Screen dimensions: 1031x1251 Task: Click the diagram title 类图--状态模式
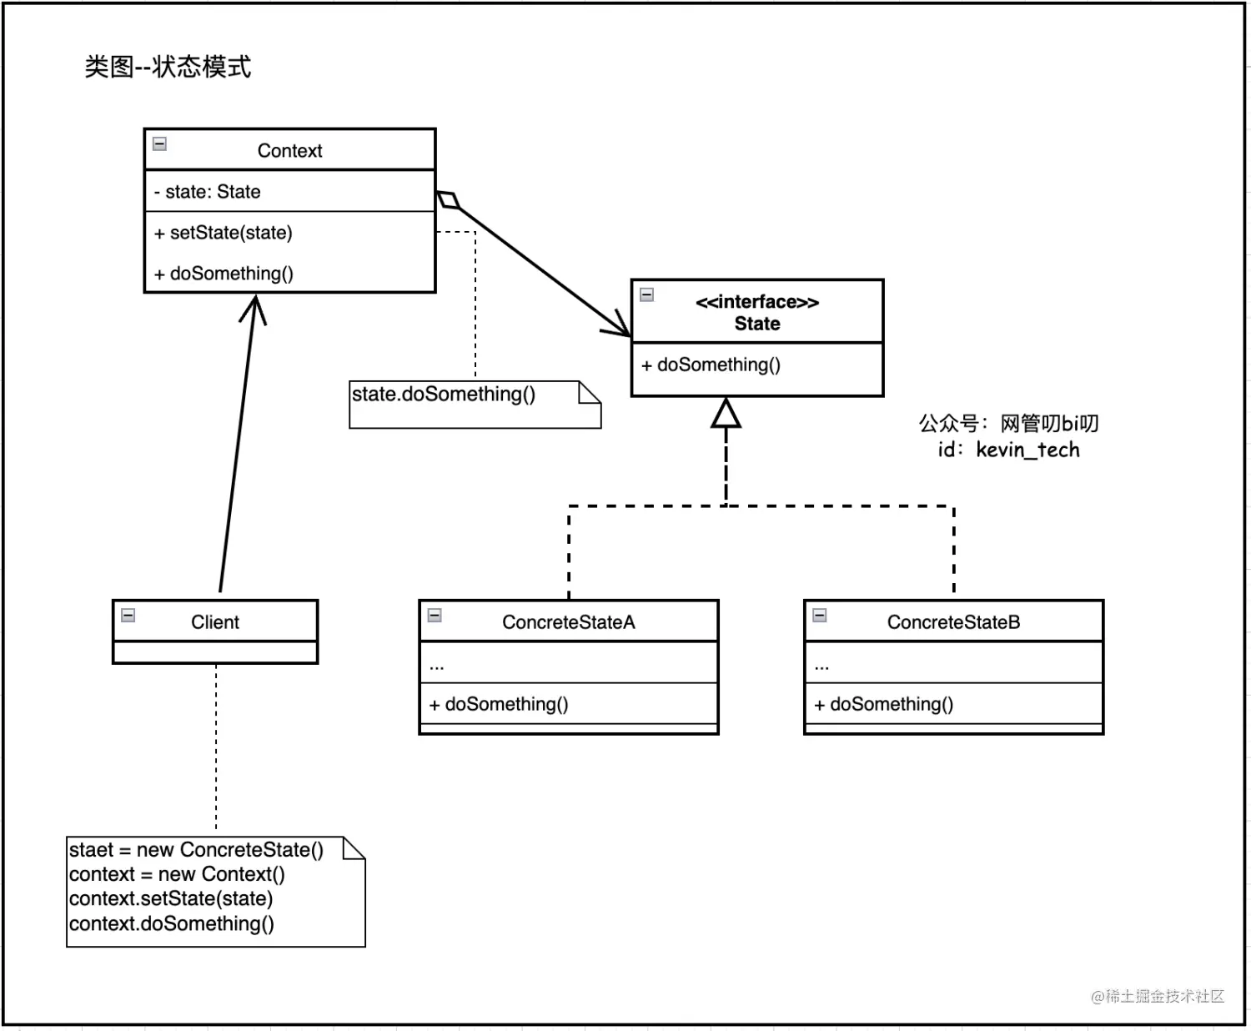click(168, 67)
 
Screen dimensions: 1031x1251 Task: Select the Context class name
click(289, 151)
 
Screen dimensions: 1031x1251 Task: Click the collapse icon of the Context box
click(159, 144)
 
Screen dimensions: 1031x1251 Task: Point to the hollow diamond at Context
click(448, 200)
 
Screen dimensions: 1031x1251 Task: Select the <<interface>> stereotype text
click(756, 302)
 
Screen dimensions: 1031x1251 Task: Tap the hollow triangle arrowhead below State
click(726, 415)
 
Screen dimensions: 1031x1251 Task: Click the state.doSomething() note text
click(443, 395)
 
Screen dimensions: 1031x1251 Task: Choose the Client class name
click(215, 622)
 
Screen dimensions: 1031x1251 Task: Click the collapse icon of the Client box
click(128, 616)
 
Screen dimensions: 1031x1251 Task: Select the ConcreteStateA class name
click(568, 622)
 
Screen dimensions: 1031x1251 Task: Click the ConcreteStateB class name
click(953, 622)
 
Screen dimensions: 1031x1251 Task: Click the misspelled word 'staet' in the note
click(91, 850)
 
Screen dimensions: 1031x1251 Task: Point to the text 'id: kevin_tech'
click(1008, 450)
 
